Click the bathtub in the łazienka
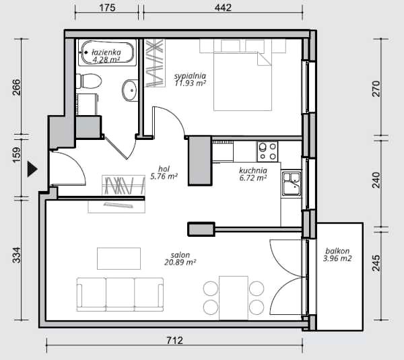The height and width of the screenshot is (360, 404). (x=107, y=52)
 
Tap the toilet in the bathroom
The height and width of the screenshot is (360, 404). (x=89, y=81)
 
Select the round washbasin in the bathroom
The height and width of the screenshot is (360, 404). (x=129, y=90)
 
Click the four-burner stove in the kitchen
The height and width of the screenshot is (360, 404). (x=267, y=151)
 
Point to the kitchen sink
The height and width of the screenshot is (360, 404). (x=292, y=184)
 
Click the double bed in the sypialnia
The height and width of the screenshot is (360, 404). (x=242, y=75)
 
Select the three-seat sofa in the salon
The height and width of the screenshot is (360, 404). (x=120, y=294)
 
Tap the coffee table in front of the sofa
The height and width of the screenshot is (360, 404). (x=119, y=258)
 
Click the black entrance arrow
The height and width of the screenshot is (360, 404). (x=32, y=170)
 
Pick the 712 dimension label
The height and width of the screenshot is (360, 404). (x=174, y=340)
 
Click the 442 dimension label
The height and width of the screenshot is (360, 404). (x=223, y=7)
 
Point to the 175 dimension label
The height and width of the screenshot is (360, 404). (x=107, y=7)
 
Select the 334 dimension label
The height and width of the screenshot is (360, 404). (x=16, y=255)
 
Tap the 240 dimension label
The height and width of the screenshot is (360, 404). (x=376, y=180)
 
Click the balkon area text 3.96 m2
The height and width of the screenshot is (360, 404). (x=337, y=258)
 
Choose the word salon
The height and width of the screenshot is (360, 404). (x=180, y=255)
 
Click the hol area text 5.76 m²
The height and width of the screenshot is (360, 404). (x=164, y=177)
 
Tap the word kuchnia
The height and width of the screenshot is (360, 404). (x=253, y=170)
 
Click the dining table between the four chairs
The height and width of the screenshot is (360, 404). (x=234, y=298)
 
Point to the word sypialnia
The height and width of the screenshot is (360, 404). (x=190, y=76)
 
